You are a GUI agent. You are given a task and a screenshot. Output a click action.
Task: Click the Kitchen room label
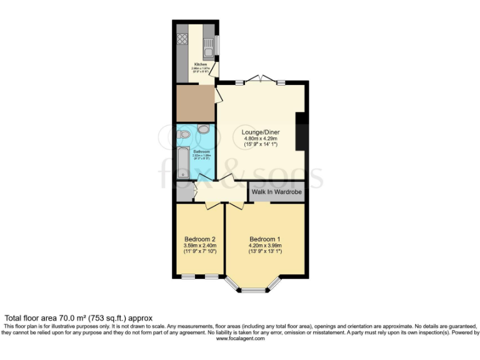click(200, 64)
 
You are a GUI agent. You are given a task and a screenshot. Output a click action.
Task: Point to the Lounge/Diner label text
click(260, 132)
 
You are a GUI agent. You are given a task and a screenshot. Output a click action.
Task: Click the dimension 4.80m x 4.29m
click(260, 139)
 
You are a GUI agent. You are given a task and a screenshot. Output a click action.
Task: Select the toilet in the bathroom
click(203, 130)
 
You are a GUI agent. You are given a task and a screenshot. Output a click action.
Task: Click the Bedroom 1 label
click(265, 239)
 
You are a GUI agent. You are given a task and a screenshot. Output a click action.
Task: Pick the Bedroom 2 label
click(200, 239)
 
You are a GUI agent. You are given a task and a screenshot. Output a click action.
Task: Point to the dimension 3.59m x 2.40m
click(200, 246)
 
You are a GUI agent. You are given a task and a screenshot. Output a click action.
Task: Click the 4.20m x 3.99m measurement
click(265, 246)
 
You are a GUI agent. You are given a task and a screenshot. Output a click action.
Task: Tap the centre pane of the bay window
click(254, 291)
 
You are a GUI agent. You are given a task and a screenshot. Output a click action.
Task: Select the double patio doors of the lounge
click(259, 79)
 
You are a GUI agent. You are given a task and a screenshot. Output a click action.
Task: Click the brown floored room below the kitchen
click(194, 102)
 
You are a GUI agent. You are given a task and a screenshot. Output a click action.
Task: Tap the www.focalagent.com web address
click(240, 339)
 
